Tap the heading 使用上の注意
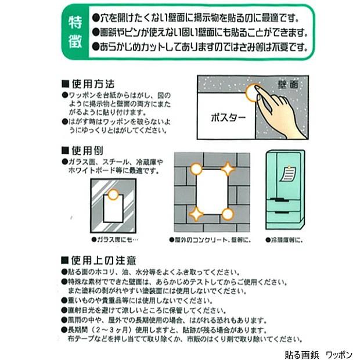tap(98, 260)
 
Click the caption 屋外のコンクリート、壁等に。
tap(203, 239)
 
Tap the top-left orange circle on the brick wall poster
tap(197, 169)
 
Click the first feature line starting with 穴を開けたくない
tap(198, 16)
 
